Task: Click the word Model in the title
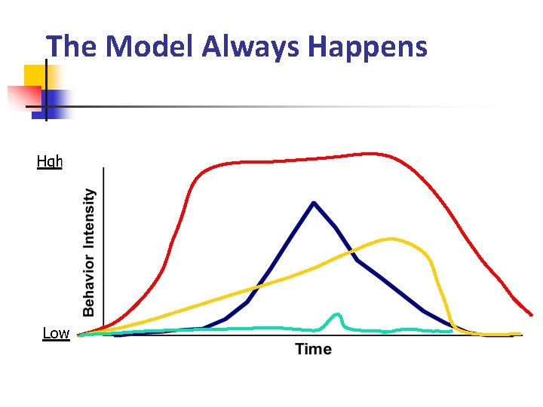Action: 150,47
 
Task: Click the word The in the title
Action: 72,47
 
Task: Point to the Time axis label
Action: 313,349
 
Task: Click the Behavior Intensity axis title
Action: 89,252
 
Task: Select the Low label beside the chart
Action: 56,333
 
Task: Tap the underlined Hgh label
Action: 50,161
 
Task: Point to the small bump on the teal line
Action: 336,314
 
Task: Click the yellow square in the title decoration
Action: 36,75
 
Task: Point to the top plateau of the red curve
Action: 317,158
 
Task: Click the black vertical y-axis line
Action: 103,249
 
